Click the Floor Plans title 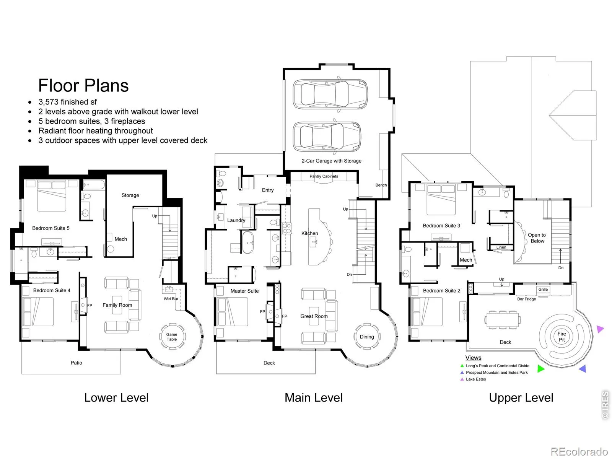pos(83,85)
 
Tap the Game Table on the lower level pos(172,337)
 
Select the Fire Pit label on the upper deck pos(562,337)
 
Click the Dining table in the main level pos(366,337)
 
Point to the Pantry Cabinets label pos(324,176)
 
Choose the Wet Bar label pos(171,298)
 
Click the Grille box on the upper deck pos(543,289)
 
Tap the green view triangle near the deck pos(540,369)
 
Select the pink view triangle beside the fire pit pos(600,329)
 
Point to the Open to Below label pos(537,238)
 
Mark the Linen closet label pos(501,247)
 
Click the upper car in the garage pos(330,94)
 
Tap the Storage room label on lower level pos(130,195)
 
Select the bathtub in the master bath pos(248,242)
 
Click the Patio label pos(76,363)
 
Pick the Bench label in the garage pos(381,185)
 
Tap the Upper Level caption pos(521,398)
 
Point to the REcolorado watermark pos(579,451)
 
